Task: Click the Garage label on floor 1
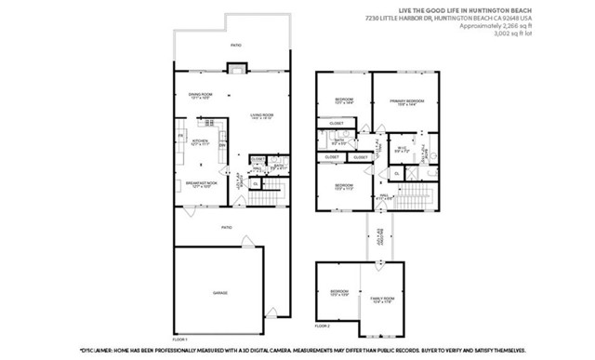point(219,293)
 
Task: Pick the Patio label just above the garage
point(225,227)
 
